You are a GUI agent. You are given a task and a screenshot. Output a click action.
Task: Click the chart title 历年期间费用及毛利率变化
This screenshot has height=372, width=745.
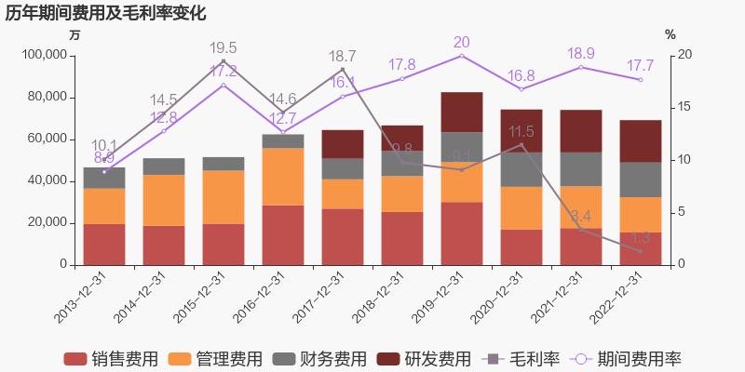(105, 13)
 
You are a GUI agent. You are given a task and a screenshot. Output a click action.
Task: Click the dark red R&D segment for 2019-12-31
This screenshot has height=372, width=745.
(461, 112)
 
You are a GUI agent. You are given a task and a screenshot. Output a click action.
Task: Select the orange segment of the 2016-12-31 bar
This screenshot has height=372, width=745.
(282, 177)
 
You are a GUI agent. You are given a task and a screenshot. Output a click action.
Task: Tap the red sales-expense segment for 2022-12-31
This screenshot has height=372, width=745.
(640, 248)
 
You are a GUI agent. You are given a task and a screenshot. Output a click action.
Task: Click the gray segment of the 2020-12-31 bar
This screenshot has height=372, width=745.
(521, 169)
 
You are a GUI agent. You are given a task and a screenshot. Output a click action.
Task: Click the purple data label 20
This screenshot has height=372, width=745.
(461, 42)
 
